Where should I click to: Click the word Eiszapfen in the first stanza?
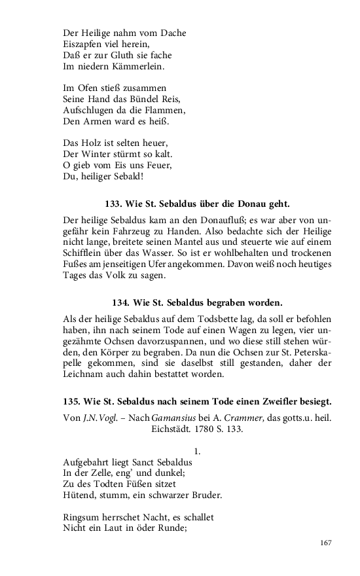pyautogui.click(x=84, y=44)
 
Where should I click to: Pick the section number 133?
pyautogui.click(x=115, y=204)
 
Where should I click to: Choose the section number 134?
pyautogui.click(x=122, y=303)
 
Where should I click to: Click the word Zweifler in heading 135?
pyautogui.click(x=279, y=401)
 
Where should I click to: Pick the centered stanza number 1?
pyautogui.click(x=198, y=451)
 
